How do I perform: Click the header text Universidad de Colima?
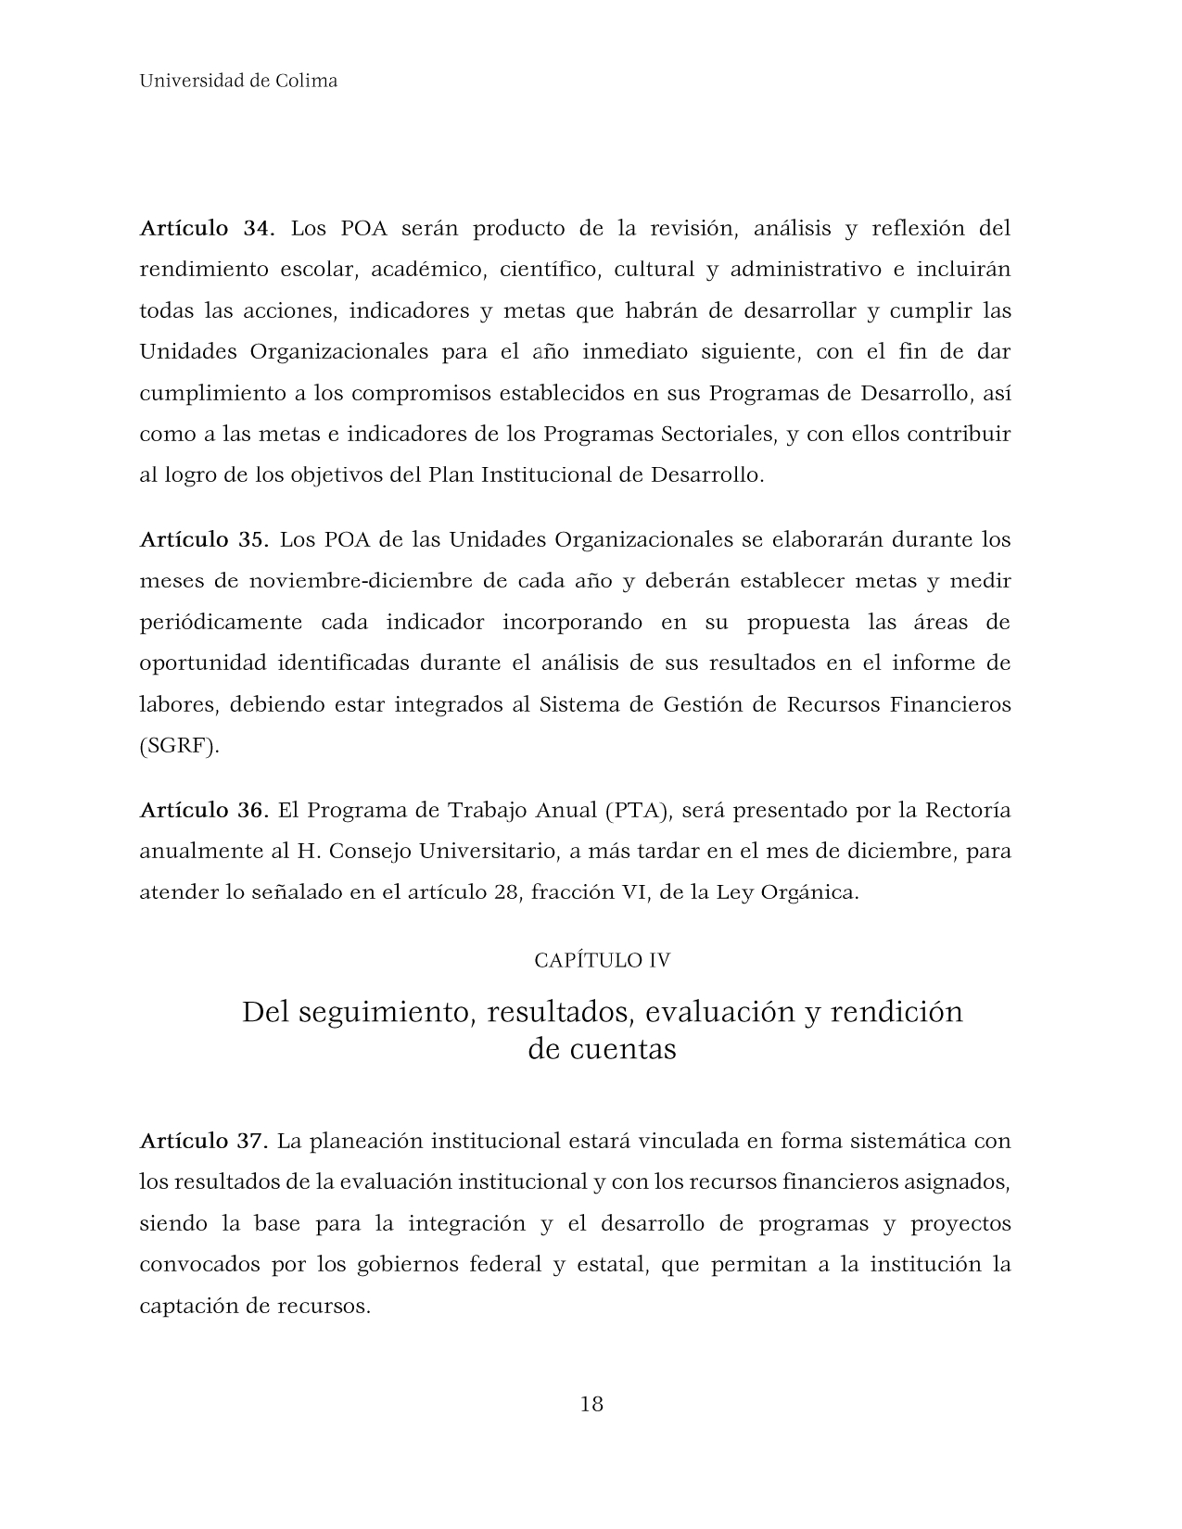click(238, 81)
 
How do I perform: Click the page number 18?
click(591, 1404)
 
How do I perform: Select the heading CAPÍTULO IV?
click(602, 960)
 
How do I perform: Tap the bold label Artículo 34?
click(207, 228)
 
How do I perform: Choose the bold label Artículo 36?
click(204, 810)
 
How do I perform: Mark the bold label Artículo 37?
click(204, 1141)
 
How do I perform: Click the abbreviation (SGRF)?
click(180, 746)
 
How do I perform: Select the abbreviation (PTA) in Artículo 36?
click(637, 810)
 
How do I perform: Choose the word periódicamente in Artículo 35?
click(221, 622)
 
